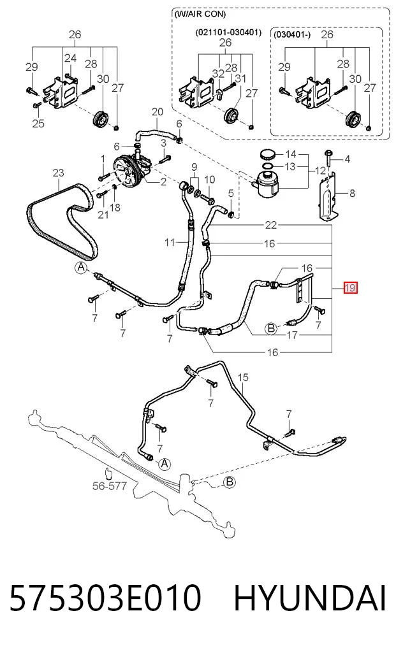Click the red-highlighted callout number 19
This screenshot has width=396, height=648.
click(350, 287)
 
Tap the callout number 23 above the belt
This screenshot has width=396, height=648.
click(58, 172)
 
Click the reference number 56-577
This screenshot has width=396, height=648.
click(109, 486)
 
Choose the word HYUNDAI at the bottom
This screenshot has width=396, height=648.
click(310, 598)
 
